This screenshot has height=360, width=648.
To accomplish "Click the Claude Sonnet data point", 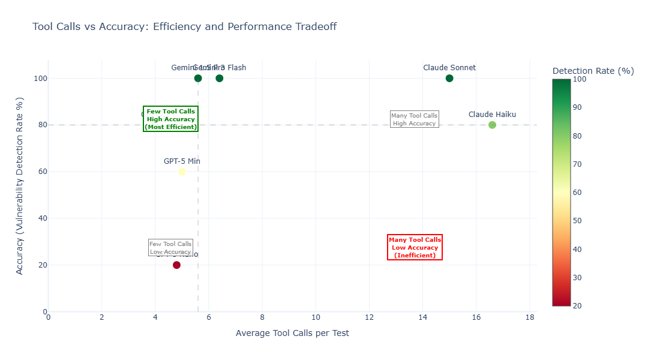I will (x=449, y=78).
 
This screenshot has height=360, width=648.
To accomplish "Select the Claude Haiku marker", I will (x=492, y=125).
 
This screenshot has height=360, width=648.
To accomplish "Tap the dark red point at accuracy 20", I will (x=176, y=265).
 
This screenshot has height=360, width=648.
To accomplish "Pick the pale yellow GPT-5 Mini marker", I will (x=182, y=172).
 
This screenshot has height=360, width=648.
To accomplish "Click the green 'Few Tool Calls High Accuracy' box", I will (x=171, y=119).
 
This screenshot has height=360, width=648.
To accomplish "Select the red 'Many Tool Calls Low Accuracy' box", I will (x=415, y=247).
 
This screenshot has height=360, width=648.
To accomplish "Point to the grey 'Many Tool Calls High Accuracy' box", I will (x=414, y=119).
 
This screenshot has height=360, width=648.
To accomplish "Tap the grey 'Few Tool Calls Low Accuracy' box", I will (x=170, y=248).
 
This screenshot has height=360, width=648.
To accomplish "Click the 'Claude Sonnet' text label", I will (x=449, y=68).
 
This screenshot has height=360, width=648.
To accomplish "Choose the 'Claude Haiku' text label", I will (x=492, y=115).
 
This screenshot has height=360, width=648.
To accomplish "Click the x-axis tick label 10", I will (x=316, y=317).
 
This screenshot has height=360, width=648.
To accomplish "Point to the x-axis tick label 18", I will (x=529, y=317).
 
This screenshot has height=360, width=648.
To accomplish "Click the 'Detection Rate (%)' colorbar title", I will (x=593, y=71).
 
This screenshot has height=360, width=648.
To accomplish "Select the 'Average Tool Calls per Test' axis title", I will (x=292, y=333).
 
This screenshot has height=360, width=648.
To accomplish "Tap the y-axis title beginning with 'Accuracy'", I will (x=20, y=186).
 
